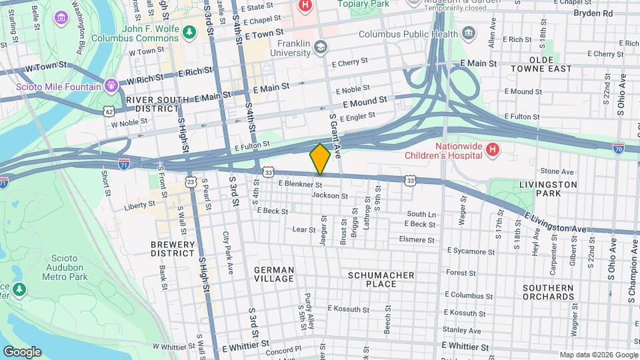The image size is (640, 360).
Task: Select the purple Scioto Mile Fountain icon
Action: [111, 86]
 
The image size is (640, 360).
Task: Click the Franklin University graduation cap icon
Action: [321, 47]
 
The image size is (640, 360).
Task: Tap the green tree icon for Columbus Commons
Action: [189, 31]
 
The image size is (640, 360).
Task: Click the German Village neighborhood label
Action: [273, 275]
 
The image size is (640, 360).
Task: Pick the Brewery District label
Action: [172, 249]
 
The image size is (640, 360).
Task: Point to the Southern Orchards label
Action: [548, 292]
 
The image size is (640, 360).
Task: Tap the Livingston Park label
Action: [549, 189]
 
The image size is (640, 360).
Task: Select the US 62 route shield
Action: [109, 111]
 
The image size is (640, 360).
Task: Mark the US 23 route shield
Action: [191, 181]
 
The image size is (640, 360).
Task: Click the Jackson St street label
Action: [330, 196]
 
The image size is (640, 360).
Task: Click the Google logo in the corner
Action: [21, 351]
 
